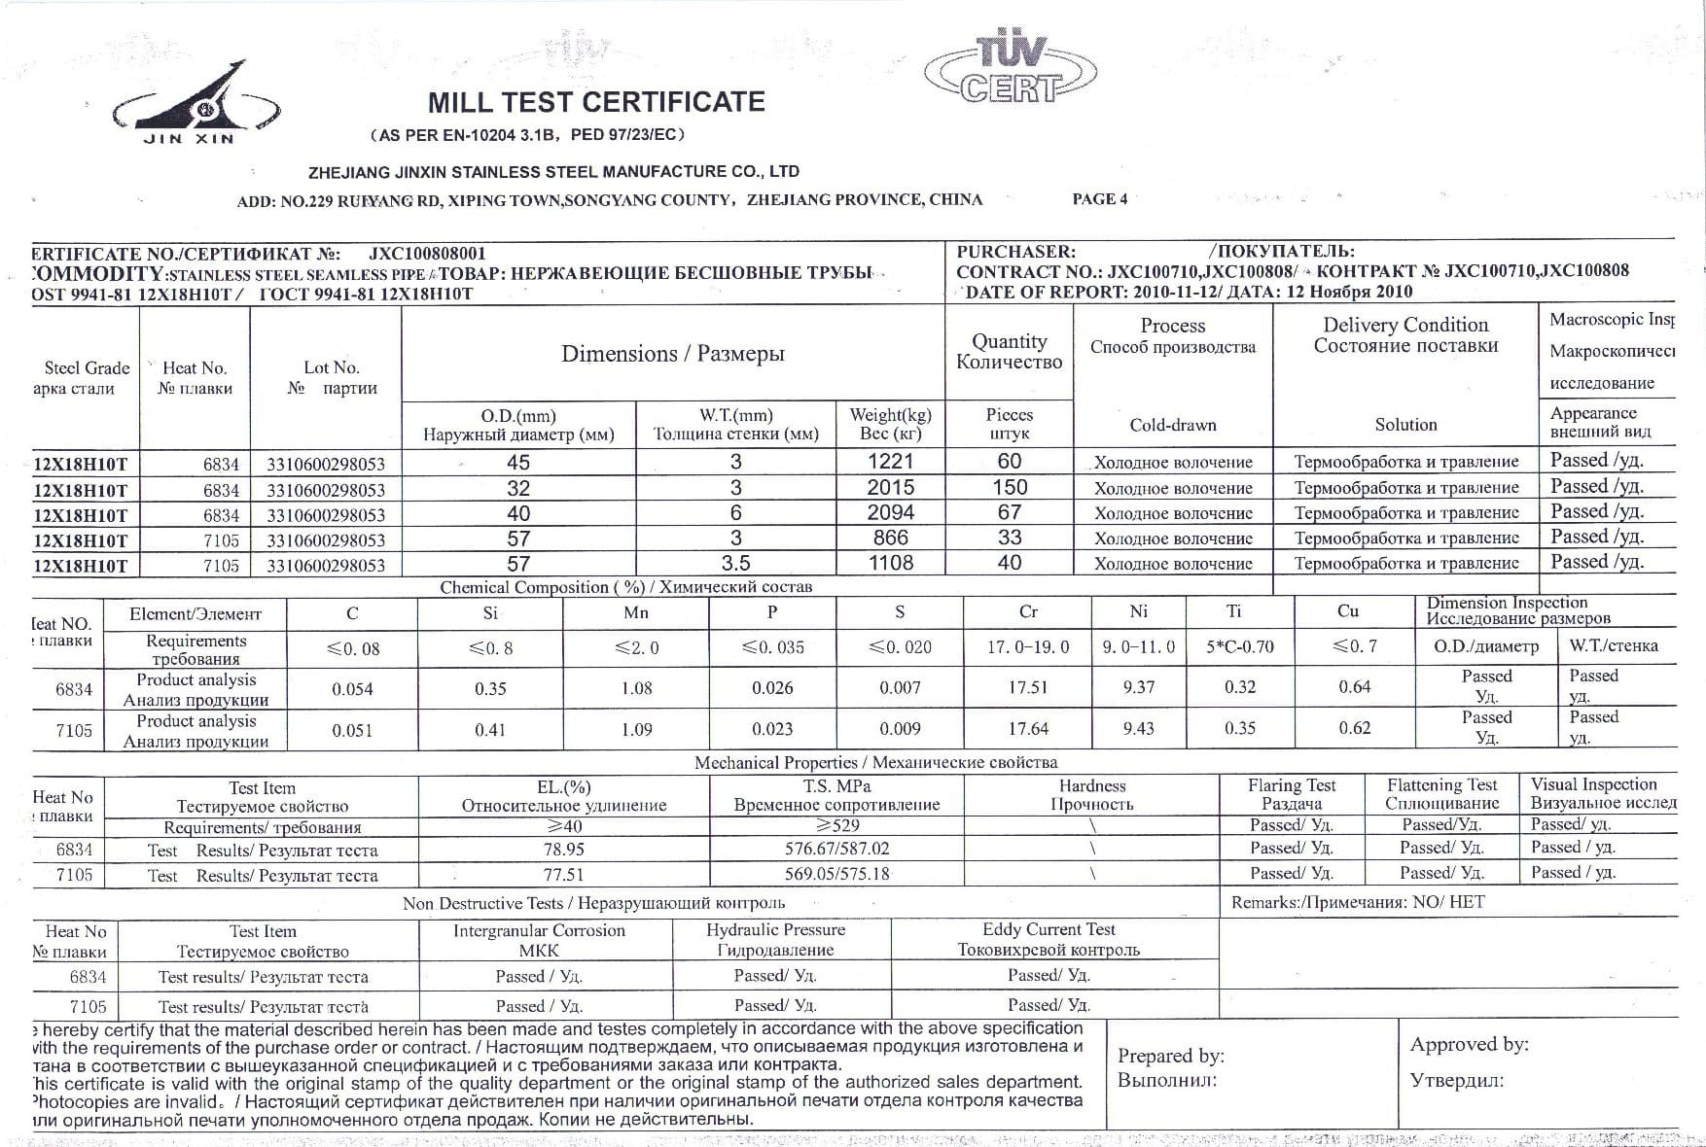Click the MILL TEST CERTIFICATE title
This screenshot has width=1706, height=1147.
point(596,102)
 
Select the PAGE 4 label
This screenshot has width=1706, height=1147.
point(1099,199)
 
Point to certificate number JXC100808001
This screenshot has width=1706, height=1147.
point(427,254)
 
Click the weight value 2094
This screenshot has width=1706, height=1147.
point(891,512)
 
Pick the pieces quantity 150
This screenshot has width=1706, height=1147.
point(1010,487)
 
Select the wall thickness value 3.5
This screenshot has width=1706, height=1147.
point(735,563)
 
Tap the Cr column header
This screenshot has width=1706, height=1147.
point(1028,612)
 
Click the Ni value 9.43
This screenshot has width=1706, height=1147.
point(1138,728)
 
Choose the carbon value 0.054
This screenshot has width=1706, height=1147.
point(352,689)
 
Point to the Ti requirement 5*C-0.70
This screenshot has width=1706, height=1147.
point(1239,646)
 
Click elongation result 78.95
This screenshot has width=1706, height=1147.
point(563,849)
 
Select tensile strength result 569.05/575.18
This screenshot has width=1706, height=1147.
point(836,874)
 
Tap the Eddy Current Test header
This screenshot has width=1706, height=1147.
point(1048,929)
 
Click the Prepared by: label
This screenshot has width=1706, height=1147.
point(1170,1056)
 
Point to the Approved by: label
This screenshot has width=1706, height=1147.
point(1469,1045)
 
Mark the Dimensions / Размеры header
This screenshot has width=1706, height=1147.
point(672,354)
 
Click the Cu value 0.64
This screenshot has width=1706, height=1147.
point(1354,687)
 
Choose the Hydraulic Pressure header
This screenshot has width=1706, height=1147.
point(775,929)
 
